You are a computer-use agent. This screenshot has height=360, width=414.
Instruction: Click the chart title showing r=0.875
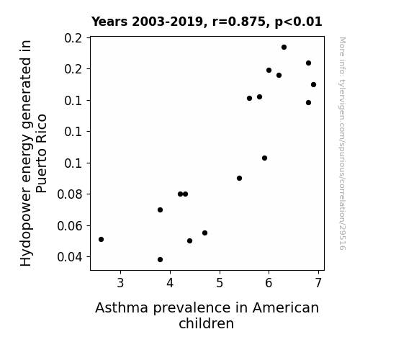pos(207,22)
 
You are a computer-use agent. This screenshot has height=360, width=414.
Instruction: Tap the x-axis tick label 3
pos(120,283)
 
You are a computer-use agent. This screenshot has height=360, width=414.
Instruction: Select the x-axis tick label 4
pos(170,283)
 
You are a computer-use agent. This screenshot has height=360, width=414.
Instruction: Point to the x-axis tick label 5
pos(220,283)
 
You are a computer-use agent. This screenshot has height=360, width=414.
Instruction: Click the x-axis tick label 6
pos(269,283)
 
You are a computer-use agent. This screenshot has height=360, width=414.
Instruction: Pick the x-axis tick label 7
pos(319,283)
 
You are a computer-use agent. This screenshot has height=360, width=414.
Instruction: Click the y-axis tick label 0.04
pos(70,257)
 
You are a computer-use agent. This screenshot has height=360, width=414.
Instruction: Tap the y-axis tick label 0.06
pos(70,226)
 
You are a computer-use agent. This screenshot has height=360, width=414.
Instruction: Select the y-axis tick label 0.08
pos(70,194)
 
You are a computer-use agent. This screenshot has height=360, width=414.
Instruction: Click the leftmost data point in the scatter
pos(101,239)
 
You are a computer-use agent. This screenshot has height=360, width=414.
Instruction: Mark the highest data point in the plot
pos(284,48)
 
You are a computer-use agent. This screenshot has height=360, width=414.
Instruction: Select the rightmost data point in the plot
pos(313,84)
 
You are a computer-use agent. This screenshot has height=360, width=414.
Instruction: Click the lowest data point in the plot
pos(160,260)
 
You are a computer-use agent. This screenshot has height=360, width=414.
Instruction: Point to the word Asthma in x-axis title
pos(122,308)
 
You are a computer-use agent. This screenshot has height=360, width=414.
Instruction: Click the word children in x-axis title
pos(206,323)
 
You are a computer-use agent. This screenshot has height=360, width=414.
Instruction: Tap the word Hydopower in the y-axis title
pos(26,226)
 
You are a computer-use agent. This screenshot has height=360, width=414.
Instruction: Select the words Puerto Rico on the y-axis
pos(41,153)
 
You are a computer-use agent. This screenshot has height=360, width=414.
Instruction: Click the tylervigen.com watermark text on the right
pos(342,143)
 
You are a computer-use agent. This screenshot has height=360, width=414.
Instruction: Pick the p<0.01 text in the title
pos(298,22)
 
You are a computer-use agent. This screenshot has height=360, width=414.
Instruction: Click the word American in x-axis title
pos(286,308)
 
